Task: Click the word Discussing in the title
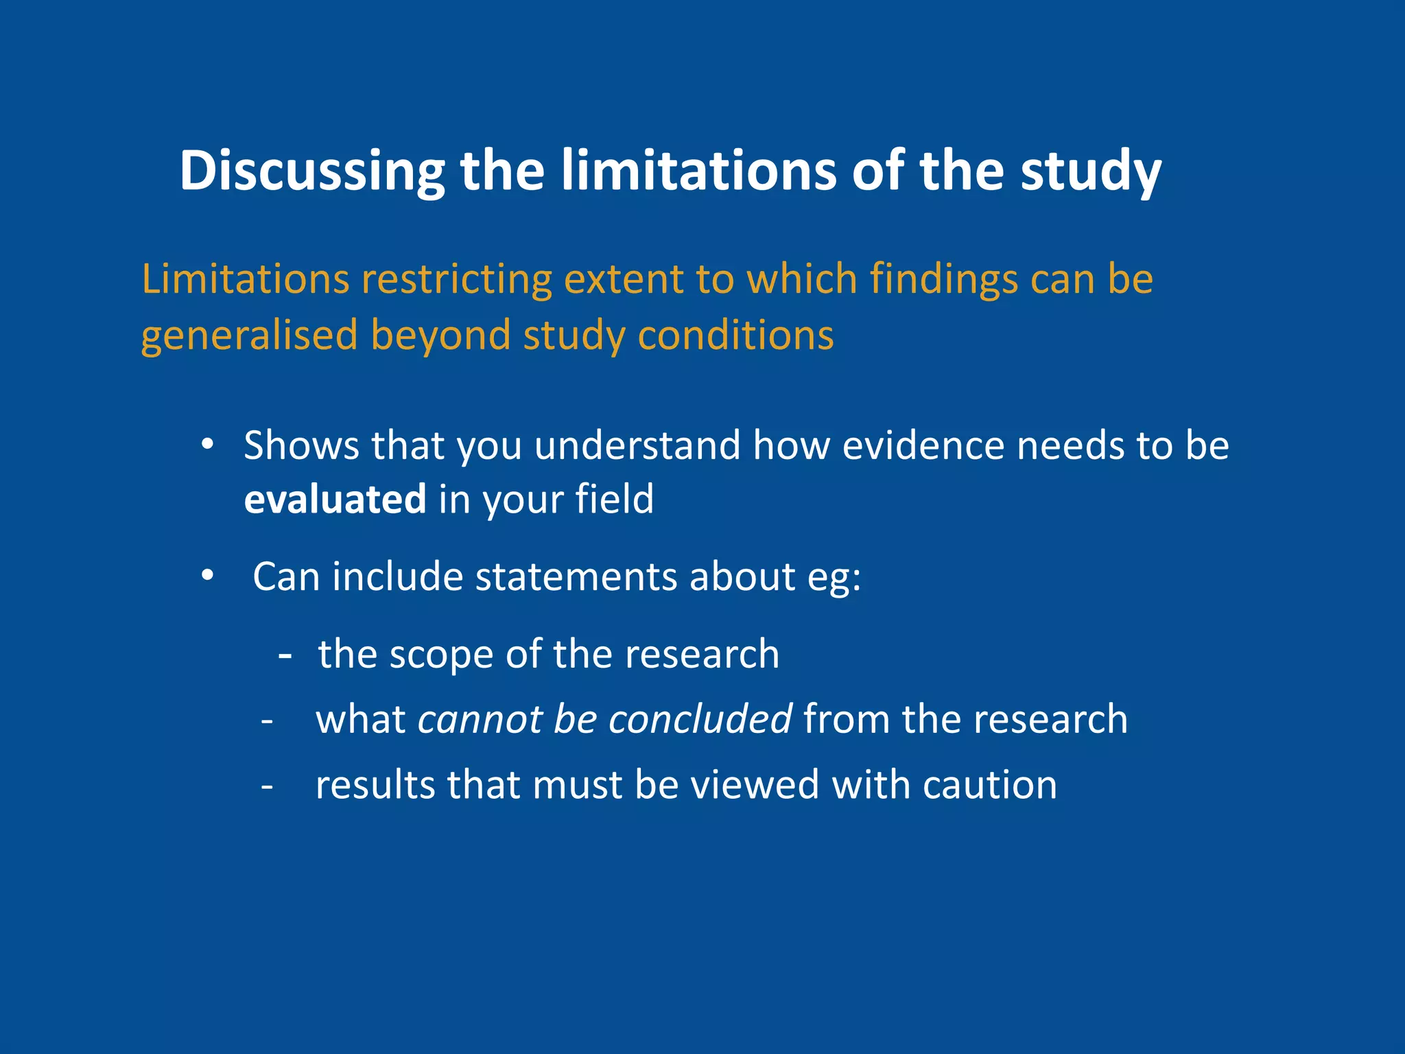[x=312, y=172]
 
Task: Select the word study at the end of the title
[x=1090, y=172]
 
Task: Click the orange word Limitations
[x=245, y=279]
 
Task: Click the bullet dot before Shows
[x=208, y=444]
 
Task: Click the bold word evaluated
[x=335, y=499]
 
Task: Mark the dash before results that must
[x=268, y=786]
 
